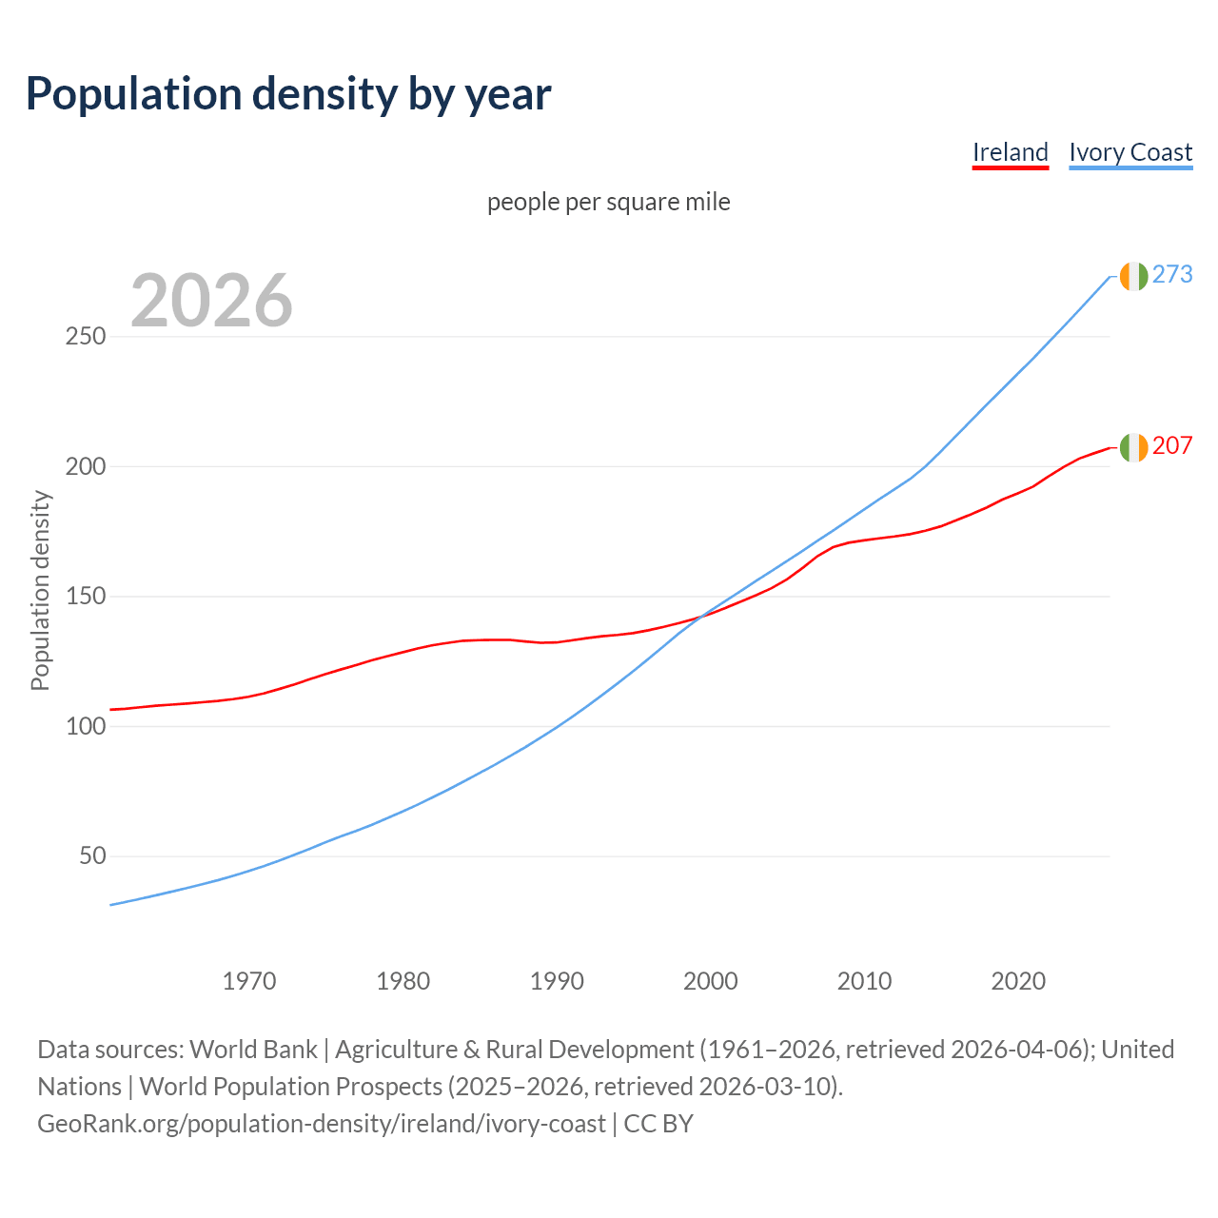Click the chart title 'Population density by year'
pyautogui.click(x=288, y=94)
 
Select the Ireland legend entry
pyautogui.click(x=1010, y=152)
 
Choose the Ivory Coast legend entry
pyautogui.click(x=1130, y=152)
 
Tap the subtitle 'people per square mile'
pyautogui.click(x=608, y=203)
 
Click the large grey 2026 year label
pyautogui.click(x=211, y=301)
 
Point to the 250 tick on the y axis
pyautogui.click(x=86, y=337)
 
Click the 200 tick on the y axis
pyautogui.click(x=86, y=466)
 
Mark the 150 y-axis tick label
pyautogui.click(x=86, y=597)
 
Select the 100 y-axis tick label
pyautogui.click(x=86, y=726)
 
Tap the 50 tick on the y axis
pyautogui.click(x=92, y=856)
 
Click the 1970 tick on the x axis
pyautogui.click(x=249, y=981)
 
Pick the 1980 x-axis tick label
pyautogui.click(x=403, y=981)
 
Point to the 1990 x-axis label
pyautogui.click(x=557, y=981)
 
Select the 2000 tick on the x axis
pyautogui.click(x=711, y=981)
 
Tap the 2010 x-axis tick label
pyautogui.click(x=864, y=981)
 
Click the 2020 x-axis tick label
pyautogui.click(x=1018, y=981)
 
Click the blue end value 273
pyautogui.click(x=1172, y=275)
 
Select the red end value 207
pyautogui.click(x=1172, y=446)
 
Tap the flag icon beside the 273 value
pyautogui.click(x=1133, y=276)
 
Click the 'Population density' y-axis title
pyautogui.click(x=40, y=590)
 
